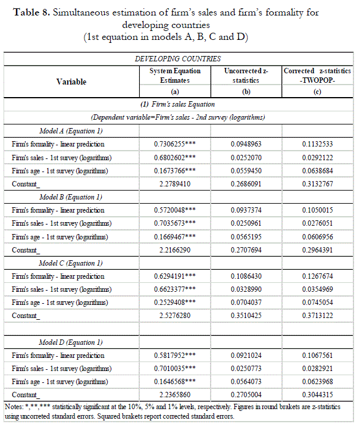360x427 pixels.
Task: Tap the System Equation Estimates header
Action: point(174,76)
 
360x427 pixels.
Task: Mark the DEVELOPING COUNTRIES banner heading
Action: point(178,59)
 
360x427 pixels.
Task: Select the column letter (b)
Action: point(246,91)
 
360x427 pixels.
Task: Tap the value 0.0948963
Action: point(246,144)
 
